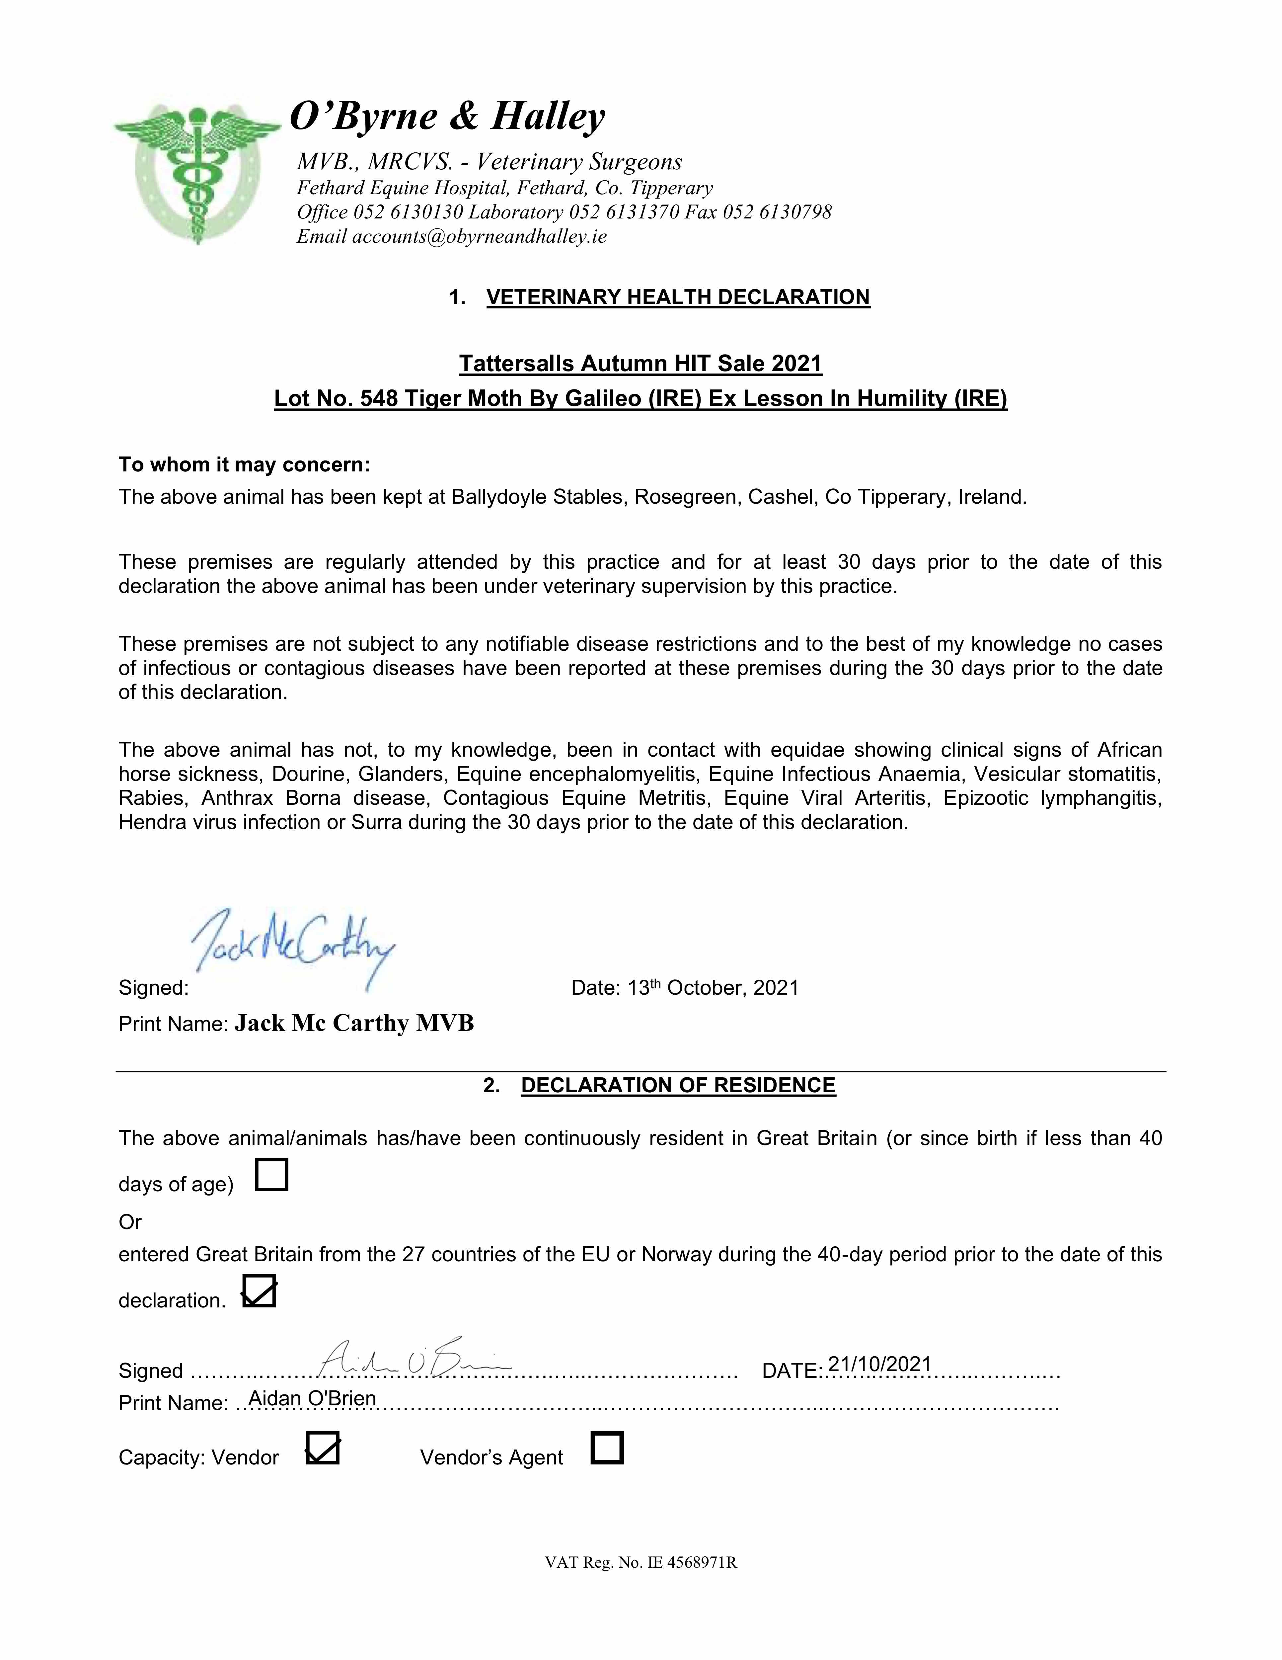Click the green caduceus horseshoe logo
coord(196,173)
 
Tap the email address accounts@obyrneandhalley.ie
coord(479,236)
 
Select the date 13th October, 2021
coord(713,988)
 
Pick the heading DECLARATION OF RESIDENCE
coord(678,1085)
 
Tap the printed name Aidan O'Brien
coord(312,1398)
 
